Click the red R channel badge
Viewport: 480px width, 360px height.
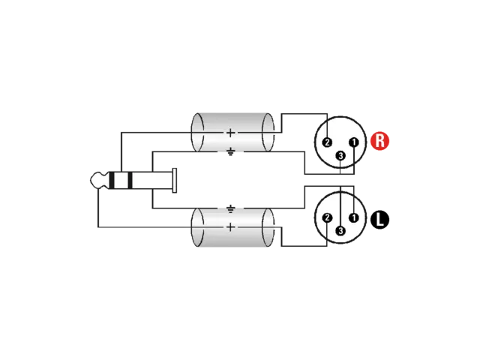pyautogui.click(x=379, y=141)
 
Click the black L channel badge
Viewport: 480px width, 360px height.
pyautogui.click(x=379, y=220)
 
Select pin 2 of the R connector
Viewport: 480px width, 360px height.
pyautogui.click(x=327, y=142)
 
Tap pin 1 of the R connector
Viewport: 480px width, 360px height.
pyautogui.click(x=354, y=142)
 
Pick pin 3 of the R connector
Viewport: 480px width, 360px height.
pyautogui.click(x=340, y=156)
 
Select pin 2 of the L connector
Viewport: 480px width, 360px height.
pyautogui.click(x=327, y=217)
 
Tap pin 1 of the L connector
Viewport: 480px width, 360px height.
pyautogui.click(x=354, y=217)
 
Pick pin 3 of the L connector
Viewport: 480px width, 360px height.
pyautogui.click(x=340, y=231)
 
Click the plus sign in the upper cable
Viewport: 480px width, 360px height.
pyautogui.click(x=230, y=133)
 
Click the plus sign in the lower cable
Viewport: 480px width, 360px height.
pyautogui.click(x=230, y=227)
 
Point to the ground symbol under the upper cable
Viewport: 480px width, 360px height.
pyautogui.click(x=230, y=151)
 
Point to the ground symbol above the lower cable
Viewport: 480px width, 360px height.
pyautogui.click(x=230, y=209)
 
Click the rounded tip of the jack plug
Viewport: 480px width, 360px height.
pyautogui.click(x=99, y=180)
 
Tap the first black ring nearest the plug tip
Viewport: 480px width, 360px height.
pyautogui.click(x=112, y=180)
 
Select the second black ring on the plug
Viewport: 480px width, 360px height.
pyautogui.click(x=130, y=180)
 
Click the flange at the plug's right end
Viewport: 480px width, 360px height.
pyautogui.click(x=175, y=181)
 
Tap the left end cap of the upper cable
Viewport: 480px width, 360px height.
pyautogui.click(x=197, y=132)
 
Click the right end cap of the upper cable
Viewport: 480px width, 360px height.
pyautogui.click(x=268, y=132)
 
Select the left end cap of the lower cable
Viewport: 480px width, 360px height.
pyautogui.click(x=197, y=227)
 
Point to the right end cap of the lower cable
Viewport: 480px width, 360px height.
pyautogui.click(x=268, y=227)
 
